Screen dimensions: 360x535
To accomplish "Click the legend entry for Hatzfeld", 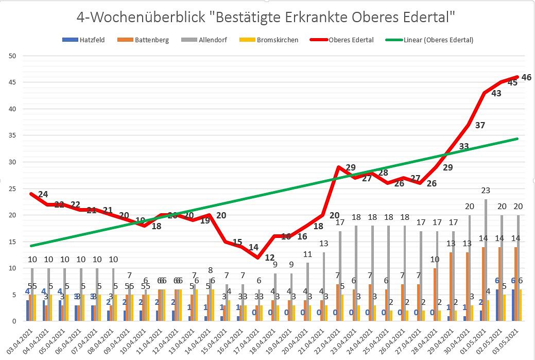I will coord(88,40).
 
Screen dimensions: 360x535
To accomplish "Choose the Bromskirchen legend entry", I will coord(275,40).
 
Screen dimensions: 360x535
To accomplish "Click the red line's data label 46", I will coord(526,77).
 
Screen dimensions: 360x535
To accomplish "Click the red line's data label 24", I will coord(43,194).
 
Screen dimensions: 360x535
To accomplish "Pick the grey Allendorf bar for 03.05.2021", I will coord(517,268).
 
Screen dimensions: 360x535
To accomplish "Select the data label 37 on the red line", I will coord(480,125).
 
